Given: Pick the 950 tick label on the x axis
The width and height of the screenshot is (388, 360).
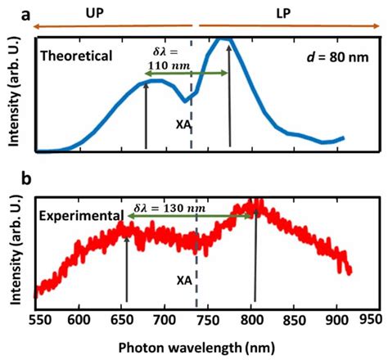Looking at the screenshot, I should (x=369, y=319).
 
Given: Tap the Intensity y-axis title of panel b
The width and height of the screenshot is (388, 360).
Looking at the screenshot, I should (x=13, y=248).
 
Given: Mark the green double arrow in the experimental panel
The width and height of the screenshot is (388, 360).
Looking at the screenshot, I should (x=190, y=216).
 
